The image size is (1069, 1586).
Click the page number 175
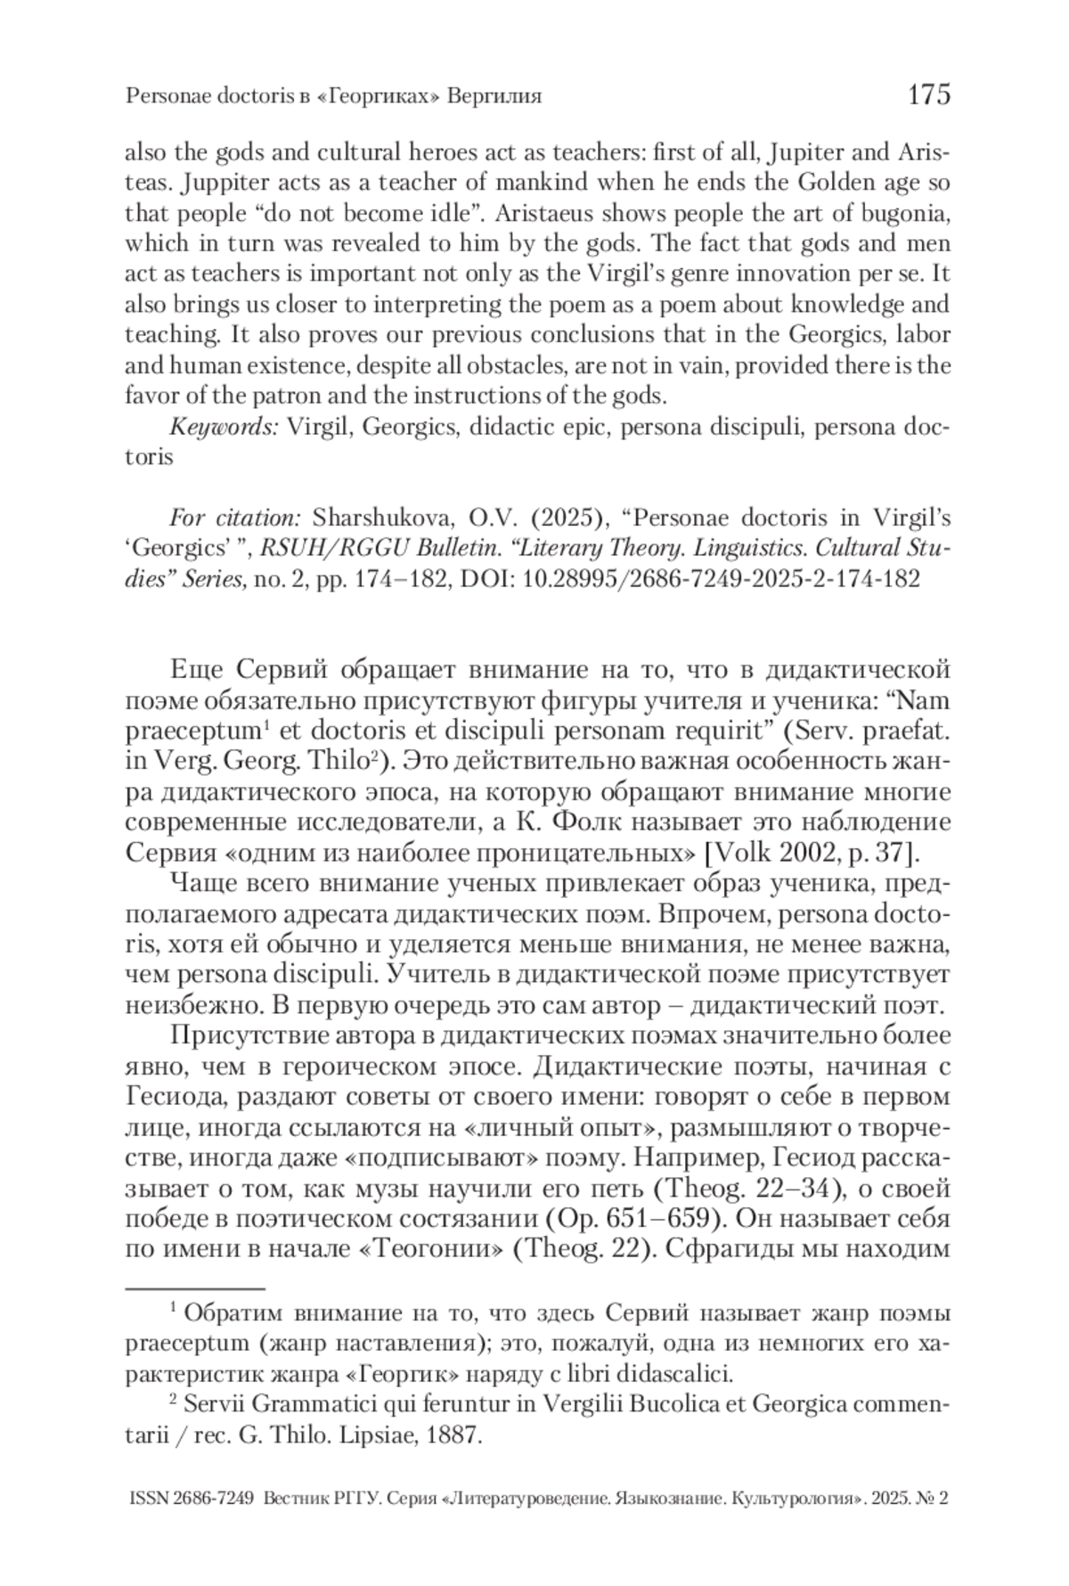point(928,94)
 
